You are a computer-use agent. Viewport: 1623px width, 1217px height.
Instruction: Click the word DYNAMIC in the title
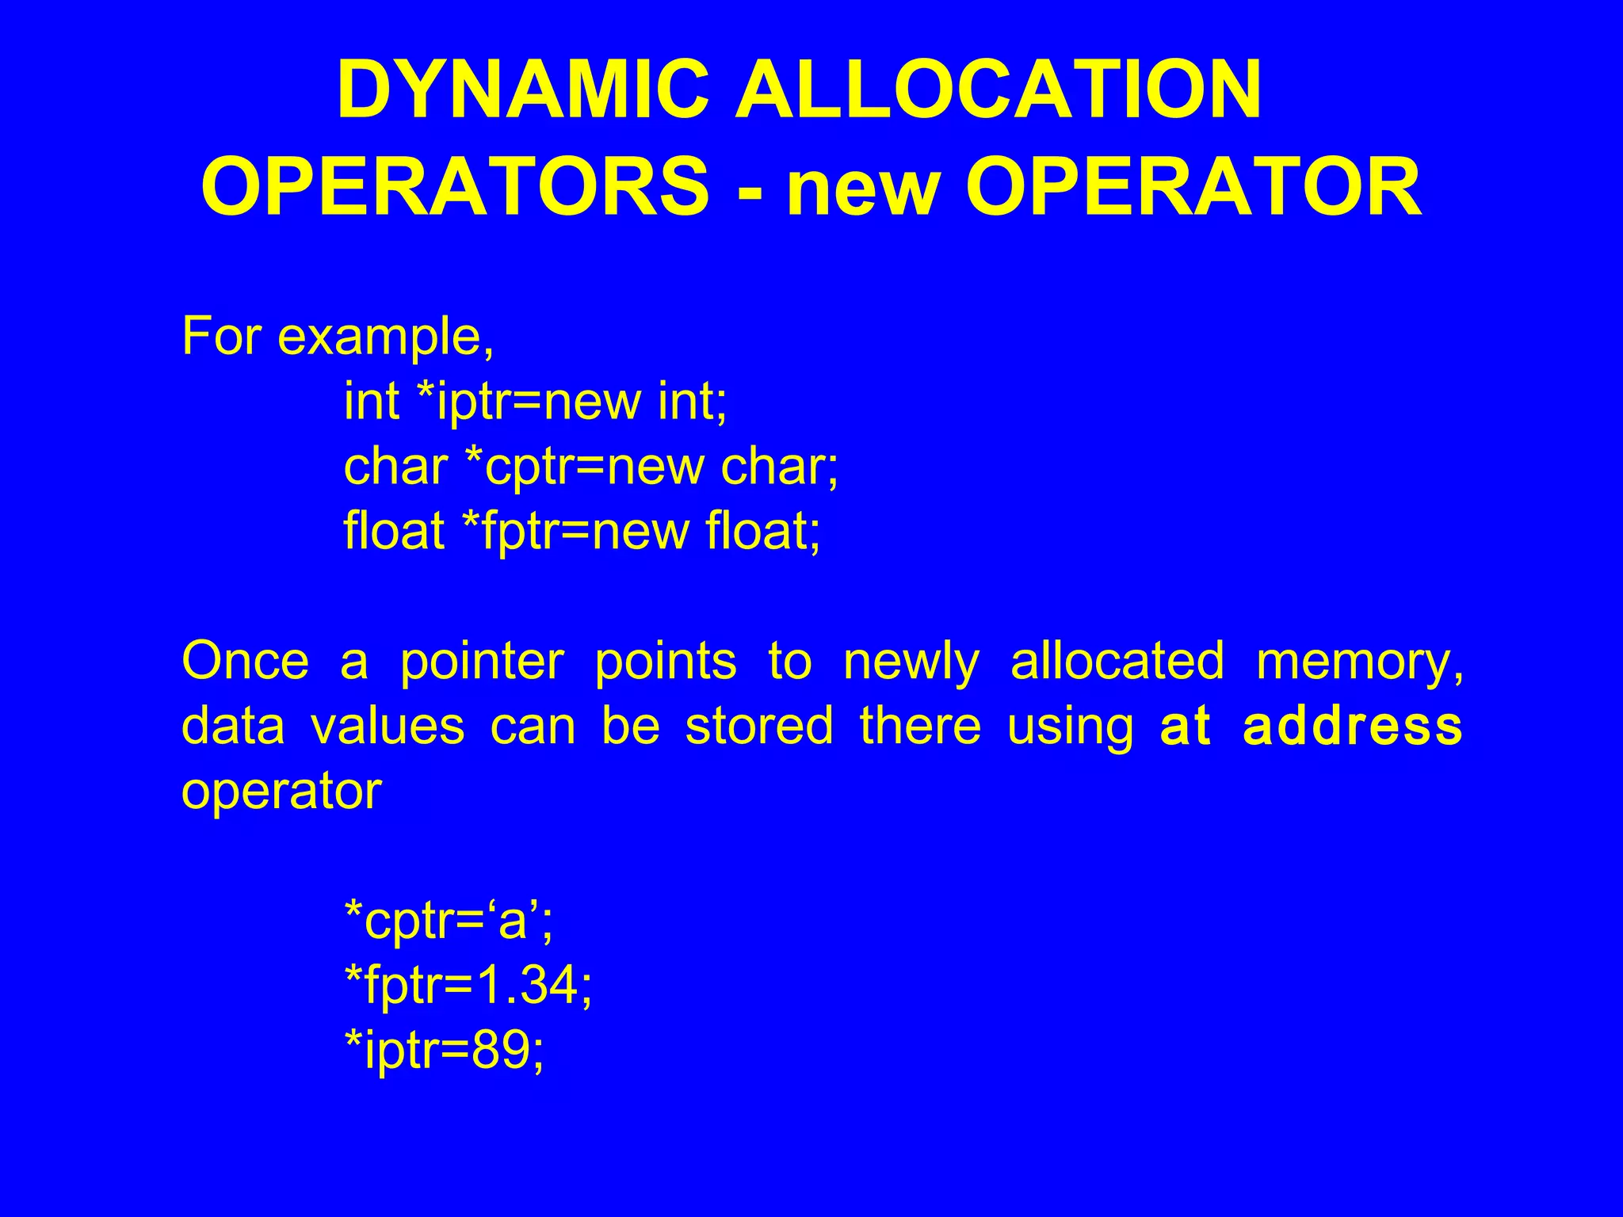pos(523,90)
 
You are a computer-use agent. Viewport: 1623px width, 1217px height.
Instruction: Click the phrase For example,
pos(338,337)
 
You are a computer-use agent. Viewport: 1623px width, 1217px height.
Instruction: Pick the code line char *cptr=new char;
pos(590,467)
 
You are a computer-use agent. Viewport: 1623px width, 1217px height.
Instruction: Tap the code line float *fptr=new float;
pos(582,531)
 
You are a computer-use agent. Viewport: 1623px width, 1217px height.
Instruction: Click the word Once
pos(245,662)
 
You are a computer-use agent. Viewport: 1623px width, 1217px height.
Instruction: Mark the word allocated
pos(1117,662)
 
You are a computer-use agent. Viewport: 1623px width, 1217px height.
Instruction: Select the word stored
pos(759,726)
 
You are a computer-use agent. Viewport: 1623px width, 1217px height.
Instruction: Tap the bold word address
pos(1352,726)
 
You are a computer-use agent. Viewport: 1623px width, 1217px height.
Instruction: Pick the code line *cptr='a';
pos(449,921)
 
